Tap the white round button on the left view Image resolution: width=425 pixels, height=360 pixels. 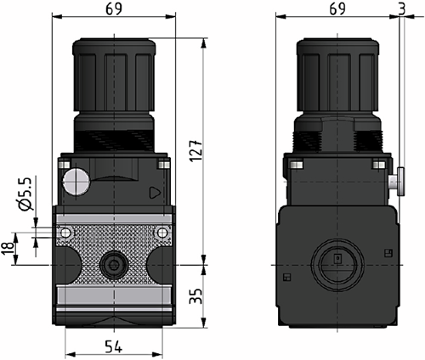coord(75,181)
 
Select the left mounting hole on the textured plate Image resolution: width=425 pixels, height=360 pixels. coord(65,233)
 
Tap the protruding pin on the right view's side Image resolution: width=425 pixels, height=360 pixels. coord(399,179)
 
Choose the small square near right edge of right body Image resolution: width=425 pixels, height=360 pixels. coord(387,250)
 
